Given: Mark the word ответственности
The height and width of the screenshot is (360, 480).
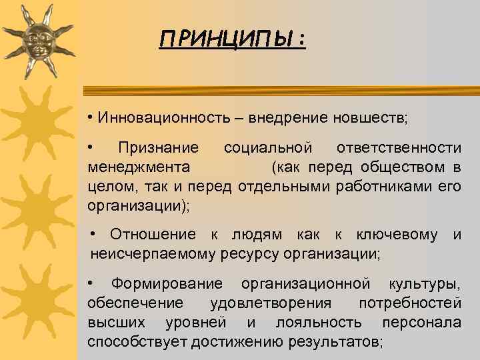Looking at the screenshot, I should pyautogui.click(x=399, y=147).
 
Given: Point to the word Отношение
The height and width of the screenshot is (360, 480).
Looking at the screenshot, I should pyautogui.click(x=153, y=235).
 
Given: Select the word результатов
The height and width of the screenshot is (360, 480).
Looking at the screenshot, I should pyautogui.click(x=336, y=343).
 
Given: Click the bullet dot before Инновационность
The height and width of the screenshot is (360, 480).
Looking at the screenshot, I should pyautogui.click(x=89, y=118).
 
